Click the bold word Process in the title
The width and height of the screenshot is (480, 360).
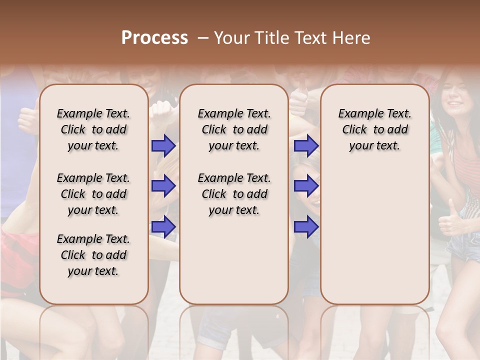click(x=154, y=38)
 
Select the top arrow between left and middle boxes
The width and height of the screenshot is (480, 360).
click(x=163, y=145)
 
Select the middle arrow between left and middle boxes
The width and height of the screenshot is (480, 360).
click(x=163, y=186)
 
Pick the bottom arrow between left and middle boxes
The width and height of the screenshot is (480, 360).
click(x=163, y=226)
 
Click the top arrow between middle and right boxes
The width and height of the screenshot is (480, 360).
click(x=306, y=145)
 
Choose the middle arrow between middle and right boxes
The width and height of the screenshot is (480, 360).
click(x=306, y=186)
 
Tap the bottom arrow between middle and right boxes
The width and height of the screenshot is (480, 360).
click(x=306, y=226)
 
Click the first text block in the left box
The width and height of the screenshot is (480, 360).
click(x=93, y=129)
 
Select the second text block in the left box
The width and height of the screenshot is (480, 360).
click(x=93, y=194)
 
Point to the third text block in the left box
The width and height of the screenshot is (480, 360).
click(x=93, y=255)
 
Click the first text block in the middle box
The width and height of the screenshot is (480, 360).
click(x=234, y=129)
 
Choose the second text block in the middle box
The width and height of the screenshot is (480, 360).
click(x=234, y=194)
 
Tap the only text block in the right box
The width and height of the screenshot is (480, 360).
click(x=374, y=129)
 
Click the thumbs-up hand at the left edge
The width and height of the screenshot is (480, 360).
click(x=27, y=120)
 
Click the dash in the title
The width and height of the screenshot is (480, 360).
click(x=203, y=38)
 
